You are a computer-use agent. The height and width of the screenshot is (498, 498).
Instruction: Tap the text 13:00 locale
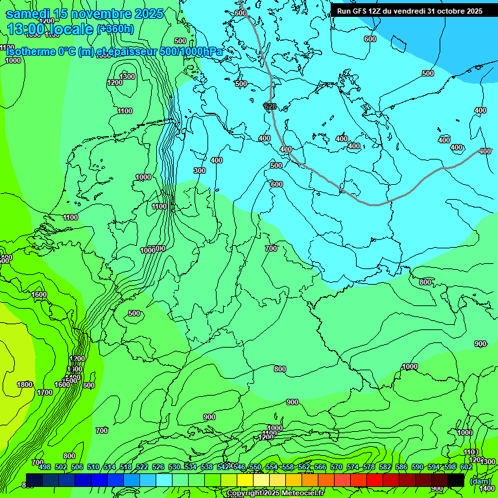coord(51,29)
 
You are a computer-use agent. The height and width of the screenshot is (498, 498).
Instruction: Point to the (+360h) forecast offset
coord(115,29)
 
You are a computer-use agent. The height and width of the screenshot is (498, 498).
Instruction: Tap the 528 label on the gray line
coord(270,106)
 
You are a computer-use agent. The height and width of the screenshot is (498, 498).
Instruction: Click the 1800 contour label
coord(25,385)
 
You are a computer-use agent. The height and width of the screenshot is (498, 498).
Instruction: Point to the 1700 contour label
coord(45,392)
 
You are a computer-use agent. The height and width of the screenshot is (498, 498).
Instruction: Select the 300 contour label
coord(200,171)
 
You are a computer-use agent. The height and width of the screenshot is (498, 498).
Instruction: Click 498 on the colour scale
coord(44,467)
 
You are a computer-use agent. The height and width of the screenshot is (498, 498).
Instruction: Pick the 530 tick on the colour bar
coord(174,467)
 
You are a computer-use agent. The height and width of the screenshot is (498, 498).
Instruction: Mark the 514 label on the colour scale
coord(109,467)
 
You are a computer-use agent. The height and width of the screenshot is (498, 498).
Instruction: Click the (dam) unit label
coord(480,480)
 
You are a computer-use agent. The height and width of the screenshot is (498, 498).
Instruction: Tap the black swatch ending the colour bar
coord(456,480)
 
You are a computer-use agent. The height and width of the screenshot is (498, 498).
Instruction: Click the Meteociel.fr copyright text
coord(276,493)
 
